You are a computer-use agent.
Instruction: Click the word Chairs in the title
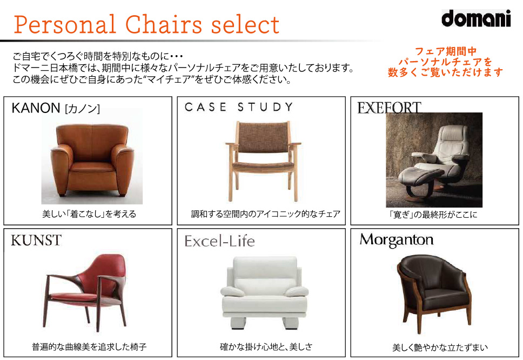164,24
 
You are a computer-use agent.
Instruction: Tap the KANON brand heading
56,108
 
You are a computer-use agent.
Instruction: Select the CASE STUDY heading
238,107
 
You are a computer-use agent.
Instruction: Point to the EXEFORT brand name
389,108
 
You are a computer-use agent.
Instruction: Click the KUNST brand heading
36,240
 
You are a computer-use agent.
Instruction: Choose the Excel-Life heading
219,241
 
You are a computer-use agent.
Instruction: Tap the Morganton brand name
396,240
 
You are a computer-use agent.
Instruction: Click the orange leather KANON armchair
92,159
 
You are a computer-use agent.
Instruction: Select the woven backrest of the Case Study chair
263,137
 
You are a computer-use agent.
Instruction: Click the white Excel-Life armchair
264,292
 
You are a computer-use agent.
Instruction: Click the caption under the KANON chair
89,214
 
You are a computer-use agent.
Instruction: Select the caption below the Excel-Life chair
266,347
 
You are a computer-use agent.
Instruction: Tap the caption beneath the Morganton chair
440,348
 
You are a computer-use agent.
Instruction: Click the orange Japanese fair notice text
445,62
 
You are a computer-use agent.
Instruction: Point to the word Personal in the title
65,24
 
